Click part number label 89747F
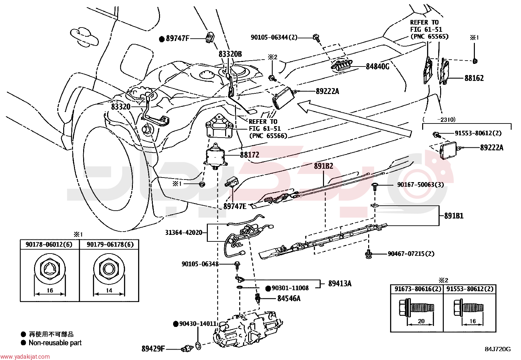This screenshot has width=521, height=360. (x=178, y=38)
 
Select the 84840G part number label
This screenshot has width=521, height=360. (x=377, y=66)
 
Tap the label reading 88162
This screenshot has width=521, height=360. (x=474, y=78)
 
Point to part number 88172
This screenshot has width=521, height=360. (x=250, y=155)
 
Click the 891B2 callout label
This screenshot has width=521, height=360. (x=324, y=166)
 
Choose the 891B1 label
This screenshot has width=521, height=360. (x=454, y=216)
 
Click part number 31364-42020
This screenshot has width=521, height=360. (x=184, y=233)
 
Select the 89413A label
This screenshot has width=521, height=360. (x=340, y=284)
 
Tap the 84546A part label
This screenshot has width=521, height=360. (x=289, y=298)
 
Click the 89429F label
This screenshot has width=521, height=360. (x=153, y=349)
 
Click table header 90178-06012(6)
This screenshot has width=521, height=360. (x=49, y=244)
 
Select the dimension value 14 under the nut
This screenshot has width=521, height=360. (x=109, y=290)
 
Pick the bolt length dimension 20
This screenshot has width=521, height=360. (x=421, y=321)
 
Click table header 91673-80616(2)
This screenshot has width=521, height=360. (x=418, y=289)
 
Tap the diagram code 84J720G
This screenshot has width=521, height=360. (x=498, y=349)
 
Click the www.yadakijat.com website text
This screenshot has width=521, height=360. (x=25, y=357)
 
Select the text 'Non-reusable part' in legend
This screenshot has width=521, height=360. (x=55, y=343)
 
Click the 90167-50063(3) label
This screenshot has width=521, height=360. (x=421, y=185)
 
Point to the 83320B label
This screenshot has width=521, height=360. (x=230, y=54)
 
